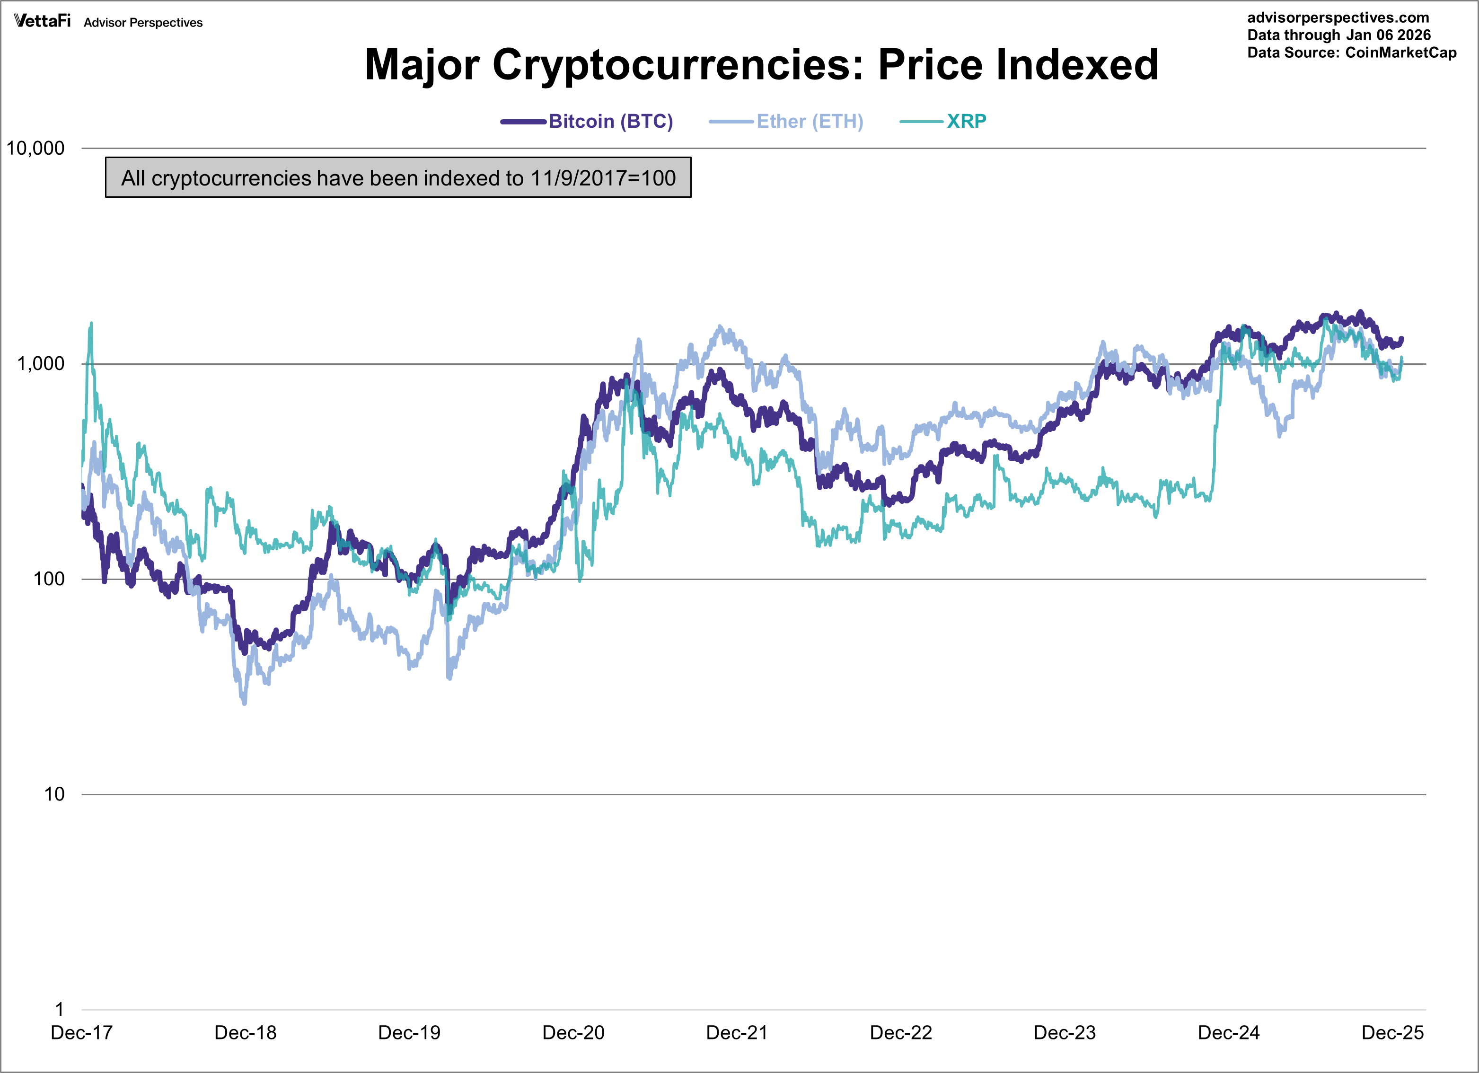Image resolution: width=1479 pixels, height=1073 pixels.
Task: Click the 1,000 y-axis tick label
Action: point(40,363)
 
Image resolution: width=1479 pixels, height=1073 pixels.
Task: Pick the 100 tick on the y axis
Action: point(49,579)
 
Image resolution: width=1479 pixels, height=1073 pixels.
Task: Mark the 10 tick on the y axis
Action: point(54,794)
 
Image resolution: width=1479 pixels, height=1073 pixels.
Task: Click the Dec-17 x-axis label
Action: point(81,1033)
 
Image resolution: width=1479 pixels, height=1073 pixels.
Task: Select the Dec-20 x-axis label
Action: point(573,1033)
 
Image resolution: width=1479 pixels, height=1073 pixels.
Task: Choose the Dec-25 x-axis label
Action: point(1392,1033)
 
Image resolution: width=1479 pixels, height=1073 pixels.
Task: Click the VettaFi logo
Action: point(43,21)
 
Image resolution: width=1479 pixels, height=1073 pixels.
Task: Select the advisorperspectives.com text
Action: point(1338,18)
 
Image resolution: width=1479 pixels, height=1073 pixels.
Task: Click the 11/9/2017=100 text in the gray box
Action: point(603,177)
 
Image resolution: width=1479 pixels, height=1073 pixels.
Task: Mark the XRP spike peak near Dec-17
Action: point(91,323)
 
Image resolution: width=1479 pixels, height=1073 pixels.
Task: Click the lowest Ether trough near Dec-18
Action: point(245,703)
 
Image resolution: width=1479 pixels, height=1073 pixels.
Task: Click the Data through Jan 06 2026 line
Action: point(1339,35)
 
